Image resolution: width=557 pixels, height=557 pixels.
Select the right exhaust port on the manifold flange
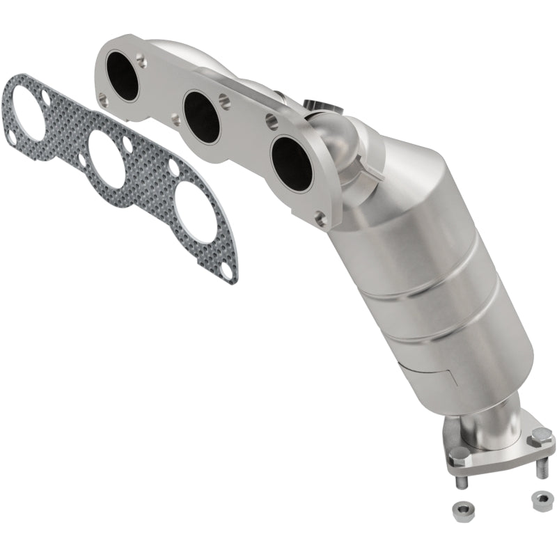point(292,162)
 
